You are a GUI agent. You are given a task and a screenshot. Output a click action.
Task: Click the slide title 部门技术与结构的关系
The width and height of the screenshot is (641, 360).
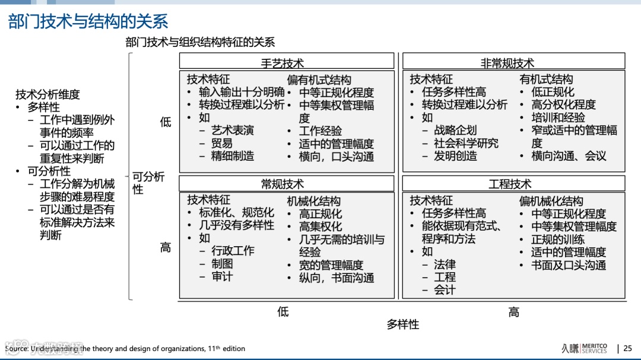[x=88, y=21]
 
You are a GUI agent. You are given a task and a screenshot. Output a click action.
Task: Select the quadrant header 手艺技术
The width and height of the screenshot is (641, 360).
[x=283, y=62]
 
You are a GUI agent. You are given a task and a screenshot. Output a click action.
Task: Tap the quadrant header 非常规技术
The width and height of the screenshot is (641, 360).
[x=507, y=62]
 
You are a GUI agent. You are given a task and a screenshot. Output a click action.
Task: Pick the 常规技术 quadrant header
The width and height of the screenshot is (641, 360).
[x=283, y=184]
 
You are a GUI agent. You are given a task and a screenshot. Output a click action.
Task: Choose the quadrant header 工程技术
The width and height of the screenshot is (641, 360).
[x=510, y=184]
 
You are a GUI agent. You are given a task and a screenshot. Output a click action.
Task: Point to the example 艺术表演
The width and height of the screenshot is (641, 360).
[x=233, y=130]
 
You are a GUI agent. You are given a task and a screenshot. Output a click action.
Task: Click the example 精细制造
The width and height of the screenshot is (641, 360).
[x=233, y=156]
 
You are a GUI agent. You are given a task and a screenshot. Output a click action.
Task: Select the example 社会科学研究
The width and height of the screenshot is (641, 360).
[x=466, y=143]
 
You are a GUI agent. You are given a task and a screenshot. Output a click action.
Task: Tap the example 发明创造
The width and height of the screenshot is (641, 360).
[x=455, y=156]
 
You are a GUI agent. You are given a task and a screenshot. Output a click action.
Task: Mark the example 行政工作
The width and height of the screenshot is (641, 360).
[x=233, y=251]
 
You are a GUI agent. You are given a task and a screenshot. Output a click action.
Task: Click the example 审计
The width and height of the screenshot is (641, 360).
[x=222, y=276]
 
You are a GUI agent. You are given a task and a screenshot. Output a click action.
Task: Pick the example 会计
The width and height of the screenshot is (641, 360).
[x=445, y=290]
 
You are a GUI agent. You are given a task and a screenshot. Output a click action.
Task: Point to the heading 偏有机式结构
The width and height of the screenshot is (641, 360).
[x=319, y=79]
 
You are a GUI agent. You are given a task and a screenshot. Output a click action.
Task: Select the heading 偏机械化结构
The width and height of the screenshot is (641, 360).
[x=551, y=201]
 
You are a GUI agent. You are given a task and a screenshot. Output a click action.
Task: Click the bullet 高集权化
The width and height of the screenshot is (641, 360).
[x=320, y=227]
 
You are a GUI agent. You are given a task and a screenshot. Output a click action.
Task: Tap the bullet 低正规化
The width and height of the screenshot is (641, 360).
[x=553, y=92]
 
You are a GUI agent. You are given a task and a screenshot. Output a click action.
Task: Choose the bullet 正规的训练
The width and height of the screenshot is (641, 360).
[x=557, y=240]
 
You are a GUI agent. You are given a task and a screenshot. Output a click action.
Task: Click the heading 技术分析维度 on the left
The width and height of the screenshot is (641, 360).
[x=47, y=94]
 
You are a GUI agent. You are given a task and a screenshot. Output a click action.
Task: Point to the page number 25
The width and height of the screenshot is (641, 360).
[x=628, y=349]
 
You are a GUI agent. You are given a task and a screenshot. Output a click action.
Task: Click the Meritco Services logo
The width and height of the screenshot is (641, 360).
[x=584, y=348]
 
